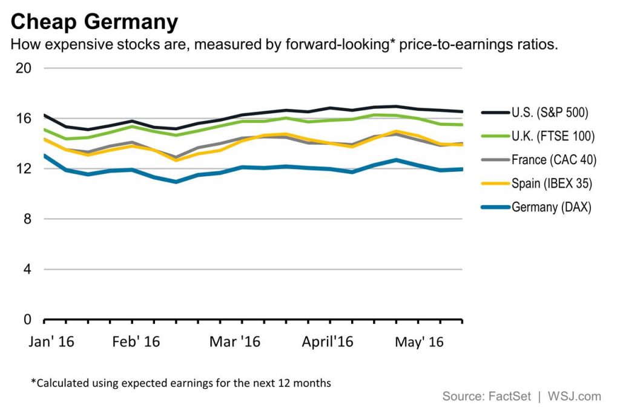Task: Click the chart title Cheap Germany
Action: (94, 22)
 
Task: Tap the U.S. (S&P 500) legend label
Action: (550, 112)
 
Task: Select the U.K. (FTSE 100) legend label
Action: (553, 136)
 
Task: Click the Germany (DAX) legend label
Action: (551, 207)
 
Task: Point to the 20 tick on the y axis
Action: (22, 68)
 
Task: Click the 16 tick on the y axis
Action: (22, 118)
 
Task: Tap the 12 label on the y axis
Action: (22, 168)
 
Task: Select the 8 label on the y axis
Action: (26, 219)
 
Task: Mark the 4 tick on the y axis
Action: (26, 269)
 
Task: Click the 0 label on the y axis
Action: (26, 319)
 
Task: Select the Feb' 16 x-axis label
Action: (136, 342)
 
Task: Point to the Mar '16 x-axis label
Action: (234, 342)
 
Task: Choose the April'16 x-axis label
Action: (327, 342)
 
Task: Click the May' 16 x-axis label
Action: (418, 342)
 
